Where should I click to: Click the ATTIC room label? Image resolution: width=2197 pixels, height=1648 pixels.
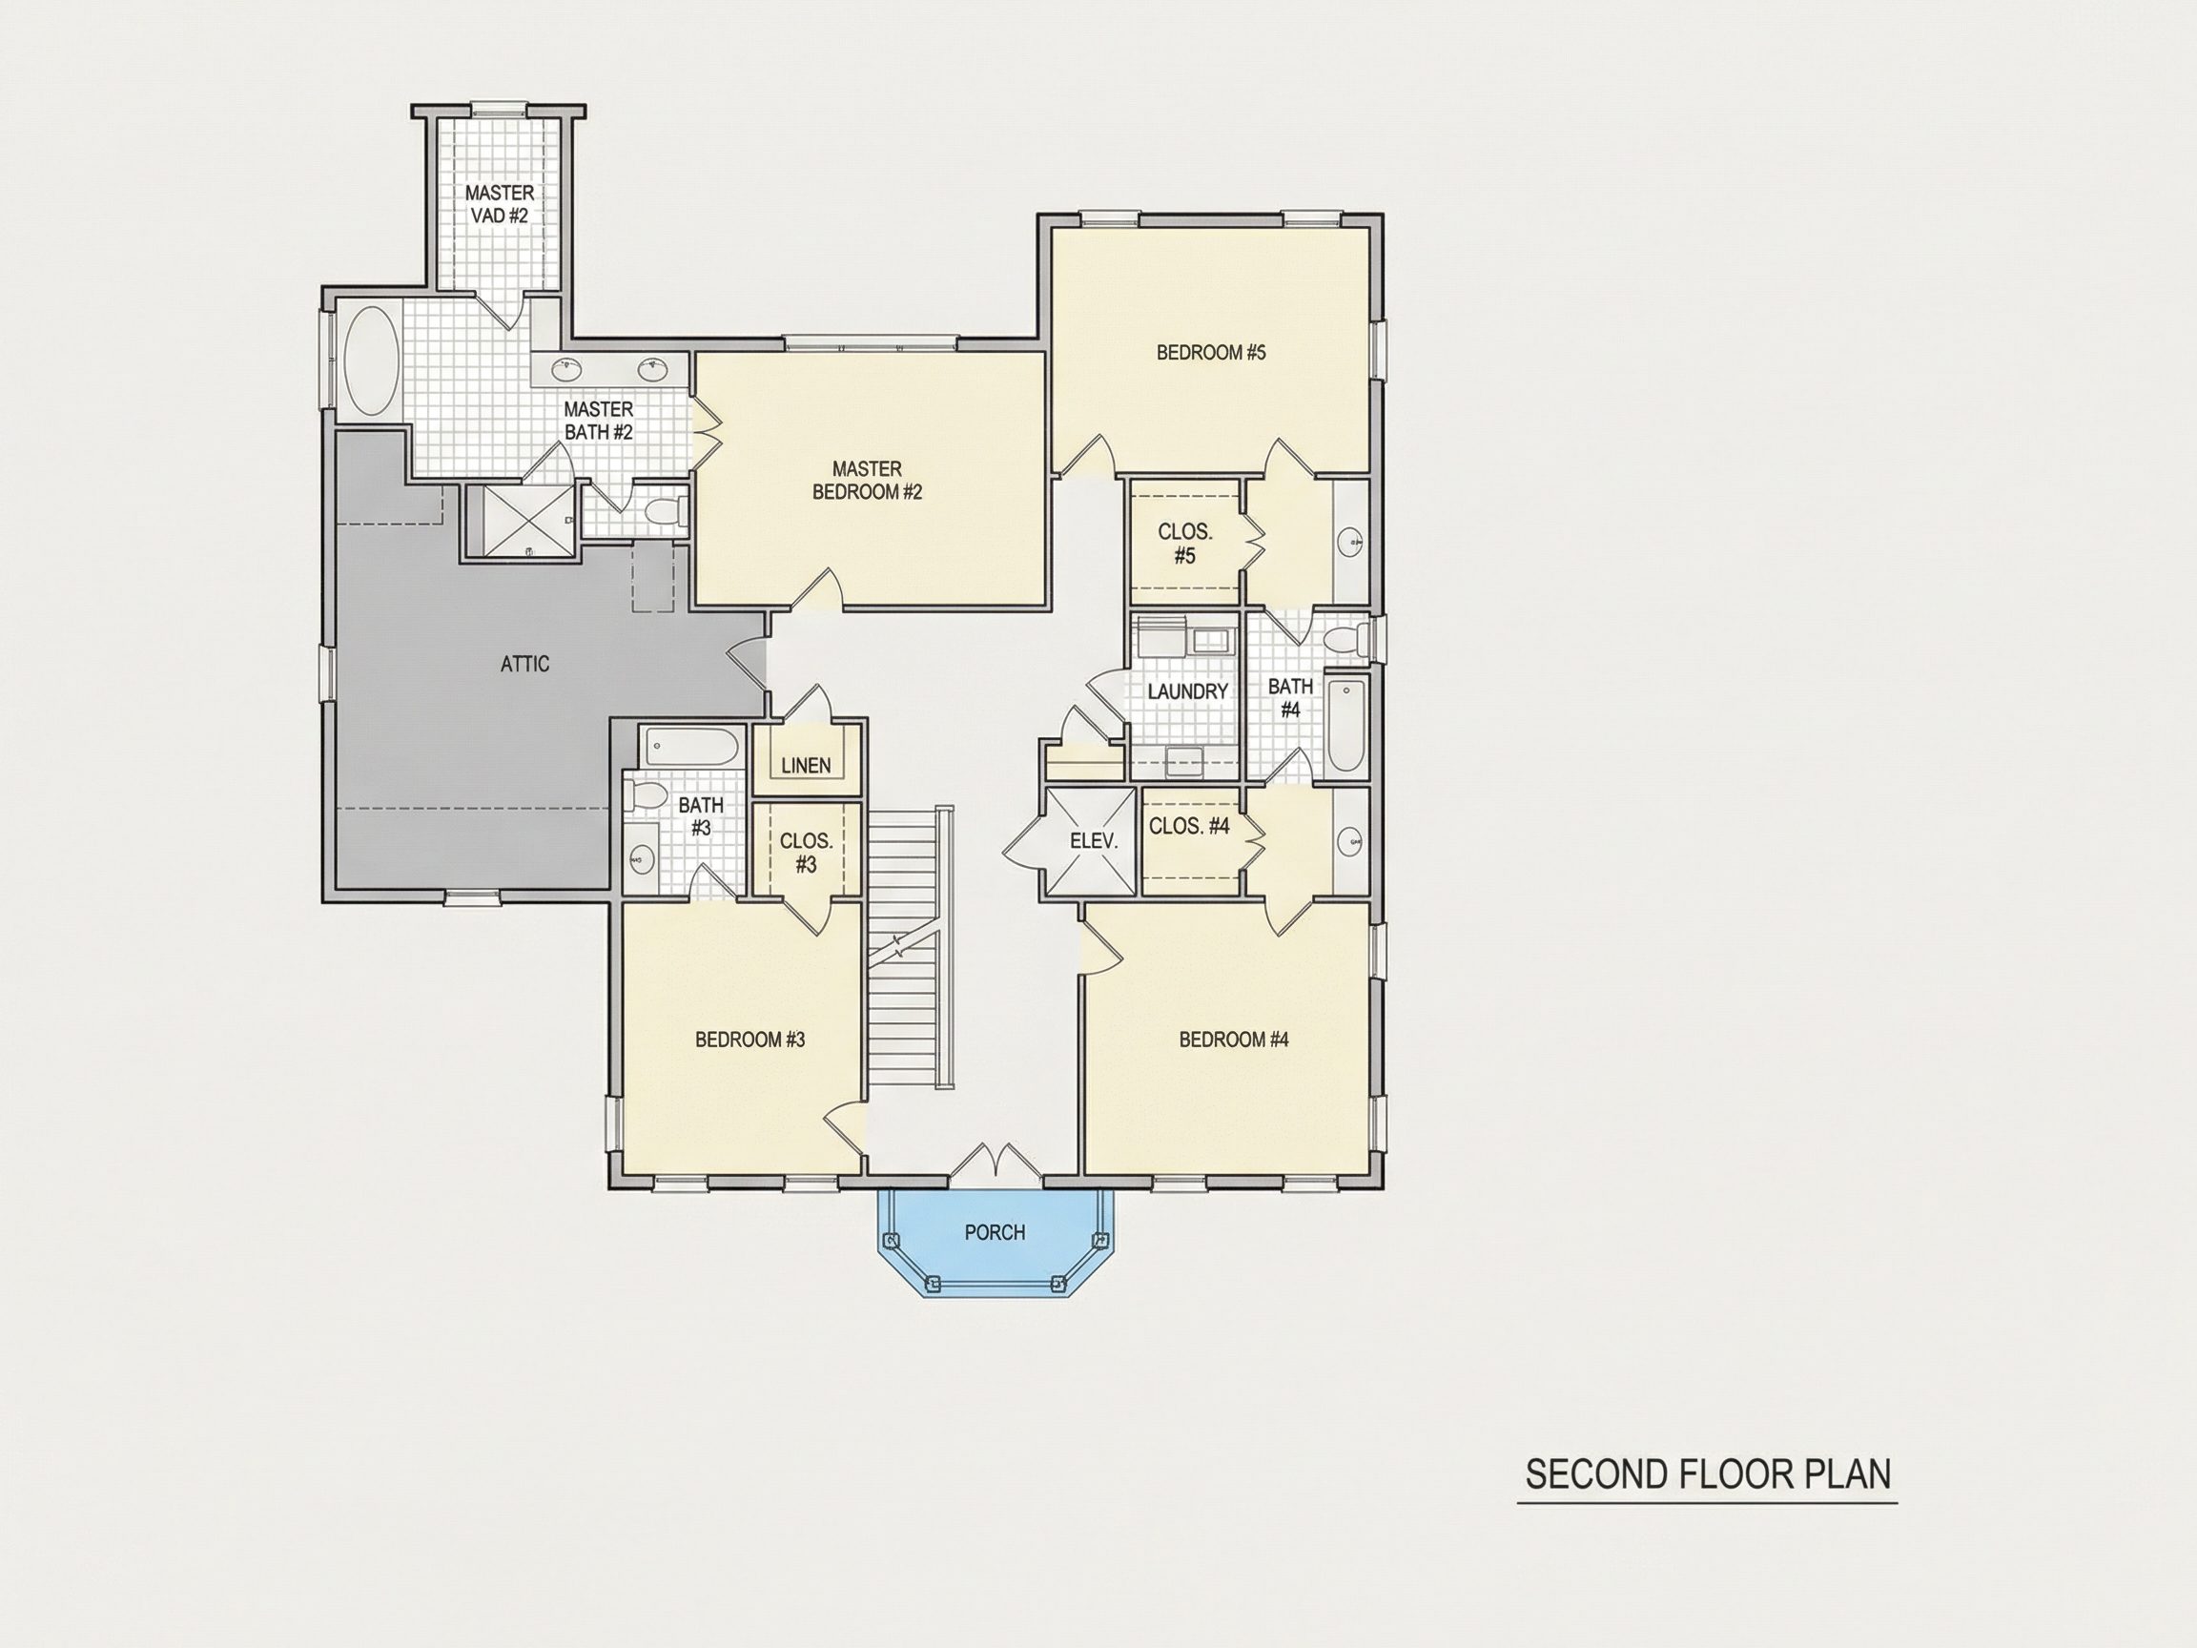click(x=524, y=664)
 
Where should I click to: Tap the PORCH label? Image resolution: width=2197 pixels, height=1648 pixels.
click(x=995, y=1232)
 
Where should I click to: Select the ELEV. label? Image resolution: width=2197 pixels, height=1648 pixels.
click(x=1094, y=840)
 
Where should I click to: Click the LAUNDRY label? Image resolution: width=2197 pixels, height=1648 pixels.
click(x=1188, y=691)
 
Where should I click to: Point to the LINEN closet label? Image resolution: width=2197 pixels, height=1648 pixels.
click(x=806, y=765)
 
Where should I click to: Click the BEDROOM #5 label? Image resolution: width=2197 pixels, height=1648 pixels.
click(x=1211, y=352)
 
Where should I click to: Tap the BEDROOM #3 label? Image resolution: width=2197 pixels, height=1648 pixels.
click(x=749, y=1040)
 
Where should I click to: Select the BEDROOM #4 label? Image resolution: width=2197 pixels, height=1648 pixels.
click(x=1234, y=1040)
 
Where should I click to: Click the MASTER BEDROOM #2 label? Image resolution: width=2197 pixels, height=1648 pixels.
click(x=867, y=480)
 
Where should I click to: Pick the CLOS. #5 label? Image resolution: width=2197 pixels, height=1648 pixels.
click(x=1185, y=544)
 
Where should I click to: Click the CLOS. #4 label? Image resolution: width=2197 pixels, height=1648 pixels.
click(x=1189, y=826)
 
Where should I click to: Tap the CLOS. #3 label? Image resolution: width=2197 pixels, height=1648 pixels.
click(x=806, y=853)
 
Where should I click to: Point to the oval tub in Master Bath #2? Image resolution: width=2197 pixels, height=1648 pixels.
click(x=372, y=360)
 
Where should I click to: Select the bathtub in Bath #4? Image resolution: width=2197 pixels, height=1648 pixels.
click(x=1345, y=724)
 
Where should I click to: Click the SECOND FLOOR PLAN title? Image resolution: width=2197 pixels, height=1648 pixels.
click(x=1707, y=1474)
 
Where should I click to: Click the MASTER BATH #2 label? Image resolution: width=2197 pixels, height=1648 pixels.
click(x=598, y=421)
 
